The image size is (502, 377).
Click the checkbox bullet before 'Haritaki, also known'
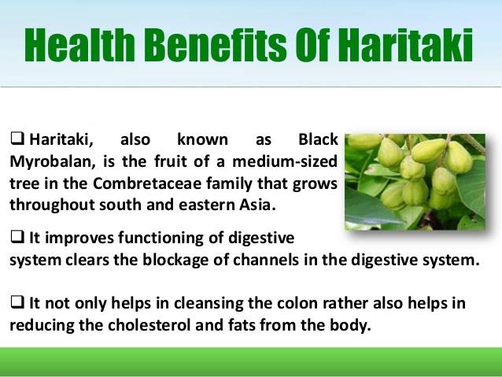click(x=17, y=140)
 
